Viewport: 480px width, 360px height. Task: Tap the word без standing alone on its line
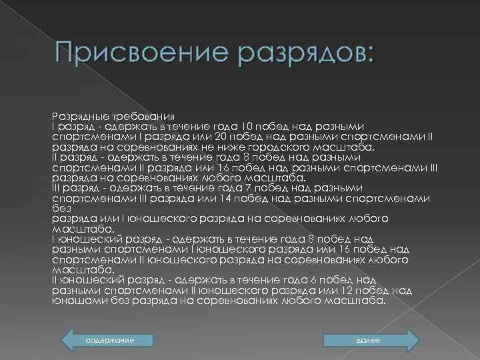click(x=59, y=209)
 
